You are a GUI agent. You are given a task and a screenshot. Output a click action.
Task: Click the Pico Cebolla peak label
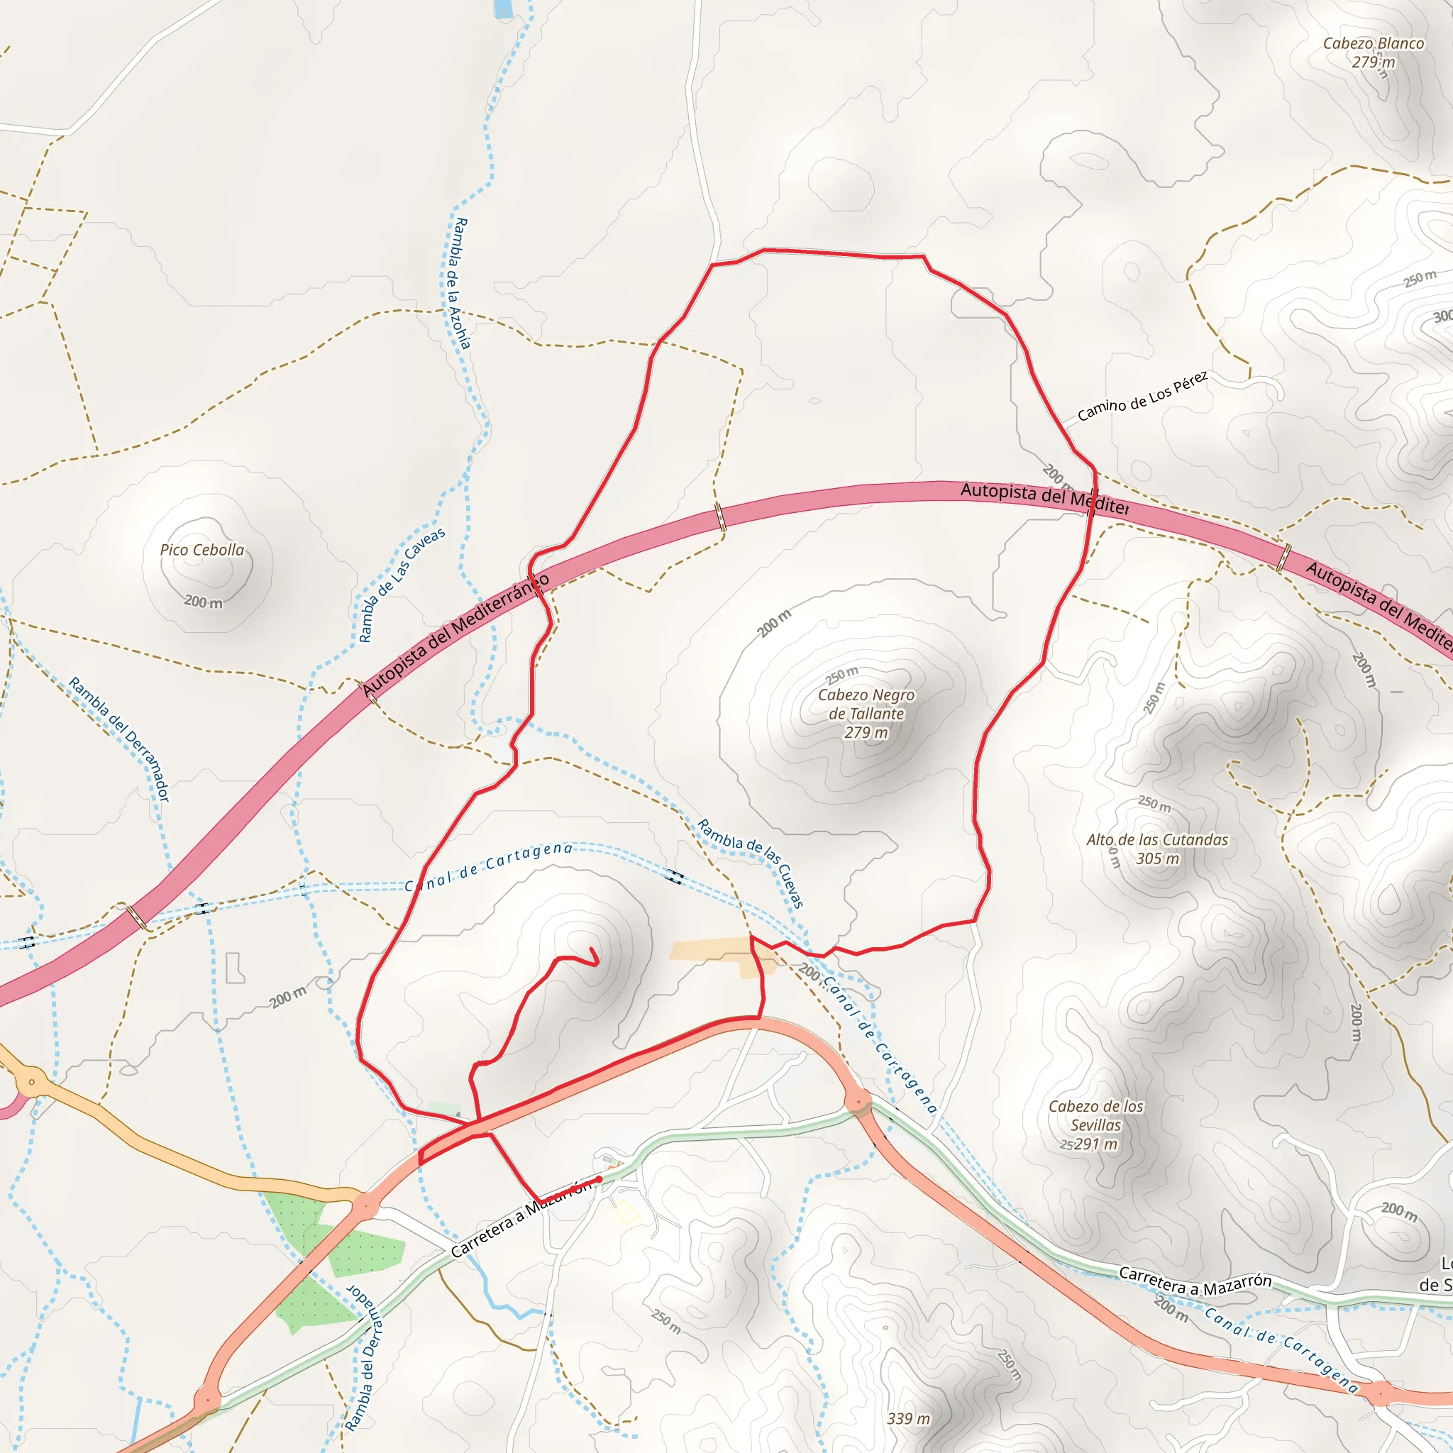(201, 550)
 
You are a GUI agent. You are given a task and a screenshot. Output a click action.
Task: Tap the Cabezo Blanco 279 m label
(1374, 53)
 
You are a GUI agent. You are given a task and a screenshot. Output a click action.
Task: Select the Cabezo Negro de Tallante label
(866, 704)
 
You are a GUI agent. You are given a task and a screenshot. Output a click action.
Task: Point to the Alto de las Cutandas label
(1156, 839)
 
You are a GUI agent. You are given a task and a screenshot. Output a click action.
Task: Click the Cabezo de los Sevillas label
(1095, 1115)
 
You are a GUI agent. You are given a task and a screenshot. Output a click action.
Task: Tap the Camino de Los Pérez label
(1142, 397)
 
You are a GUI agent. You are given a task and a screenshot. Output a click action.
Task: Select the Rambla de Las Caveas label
(401, 585)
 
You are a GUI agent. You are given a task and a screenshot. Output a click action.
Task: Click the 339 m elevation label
(909, 1418)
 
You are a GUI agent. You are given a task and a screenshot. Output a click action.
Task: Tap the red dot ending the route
(599, 1178)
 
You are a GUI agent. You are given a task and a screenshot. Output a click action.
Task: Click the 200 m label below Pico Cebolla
(204, 602)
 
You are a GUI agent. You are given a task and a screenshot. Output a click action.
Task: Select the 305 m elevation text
(1157, 858)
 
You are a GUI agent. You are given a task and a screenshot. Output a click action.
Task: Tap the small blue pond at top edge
(503, 9)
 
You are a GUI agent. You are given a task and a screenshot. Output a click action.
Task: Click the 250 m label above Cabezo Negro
(841, 674)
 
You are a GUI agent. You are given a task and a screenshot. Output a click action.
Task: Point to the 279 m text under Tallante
(866, 732)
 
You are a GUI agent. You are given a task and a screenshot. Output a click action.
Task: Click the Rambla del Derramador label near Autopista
(120, 739)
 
